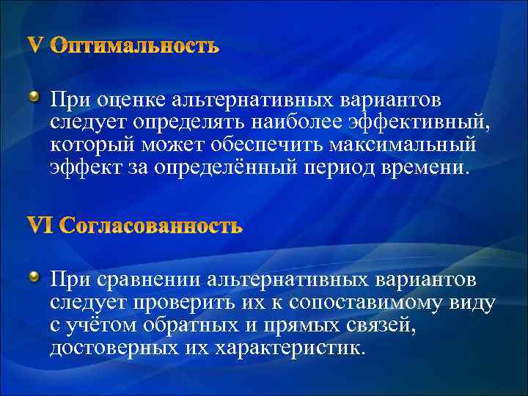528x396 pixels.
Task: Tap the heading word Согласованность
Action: pyautogui.click(x=150, y=227)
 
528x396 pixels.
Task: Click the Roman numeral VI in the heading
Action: pyautogui.click(x=40, y=227)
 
